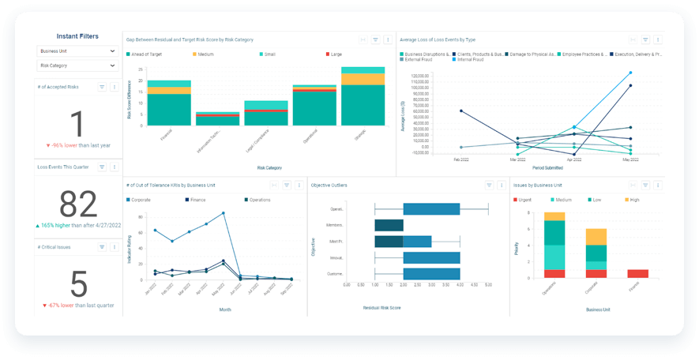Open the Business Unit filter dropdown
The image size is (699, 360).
[x=77, y=51]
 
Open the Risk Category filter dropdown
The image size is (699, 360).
[x=77, y=66]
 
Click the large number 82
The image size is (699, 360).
[x=77, y=204]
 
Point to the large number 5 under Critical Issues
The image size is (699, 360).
[x=77, y=282]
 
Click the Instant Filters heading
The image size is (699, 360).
[x=77, y=36]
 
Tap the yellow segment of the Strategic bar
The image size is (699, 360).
[x=363, y=79]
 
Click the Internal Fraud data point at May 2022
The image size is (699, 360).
[x=630, y=73]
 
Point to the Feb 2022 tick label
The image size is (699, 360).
[x=461, y=159]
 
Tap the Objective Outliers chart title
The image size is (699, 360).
[x=330, y=185]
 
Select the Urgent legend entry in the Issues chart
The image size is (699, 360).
[x=528, y=199]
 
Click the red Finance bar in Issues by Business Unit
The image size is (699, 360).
[x=637, y=273]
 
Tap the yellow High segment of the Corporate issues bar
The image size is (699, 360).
[x=596, y=237]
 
